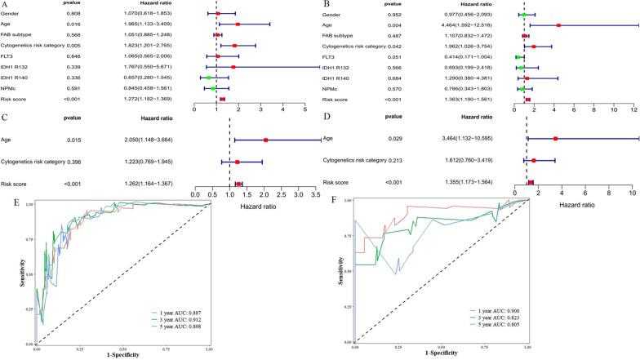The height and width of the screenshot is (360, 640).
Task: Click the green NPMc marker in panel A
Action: pos(212,89)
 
